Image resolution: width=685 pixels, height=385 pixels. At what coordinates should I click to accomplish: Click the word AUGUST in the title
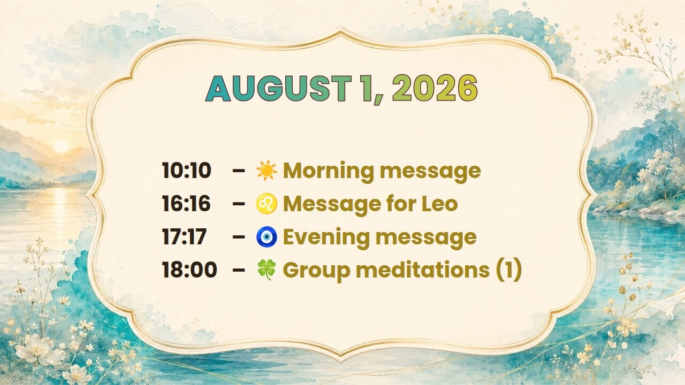click(x=278, y=89)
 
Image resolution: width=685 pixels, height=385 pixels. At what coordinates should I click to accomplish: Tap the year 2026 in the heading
click(x=435, y=89)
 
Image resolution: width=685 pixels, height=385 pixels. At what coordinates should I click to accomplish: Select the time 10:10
click(x=186, y=170)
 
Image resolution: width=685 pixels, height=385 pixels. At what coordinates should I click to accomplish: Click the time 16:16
click(x=186, y=204)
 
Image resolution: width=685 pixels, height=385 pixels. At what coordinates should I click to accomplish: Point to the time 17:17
click(x=184, y=237)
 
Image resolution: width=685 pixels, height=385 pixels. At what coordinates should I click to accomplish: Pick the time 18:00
click(x=189, y=270)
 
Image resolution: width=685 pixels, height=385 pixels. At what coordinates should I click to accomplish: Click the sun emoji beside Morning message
click(x=267, y=170)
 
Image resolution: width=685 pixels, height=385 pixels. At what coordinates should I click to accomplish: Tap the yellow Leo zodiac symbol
click(x=267, y=204)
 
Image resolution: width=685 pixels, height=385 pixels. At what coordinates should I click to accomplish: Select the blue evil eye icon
click(x=267, y=237)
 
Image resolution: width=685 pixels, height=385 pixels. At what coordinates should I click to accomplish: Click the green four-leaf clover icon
click(x=267, y=270)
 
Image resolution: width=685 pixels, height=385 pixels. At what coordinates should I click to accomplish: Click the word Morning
click(x=329, y=171)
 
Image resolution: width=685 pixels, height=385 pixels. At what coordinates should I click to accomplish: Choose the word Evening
click(x=326, y=238)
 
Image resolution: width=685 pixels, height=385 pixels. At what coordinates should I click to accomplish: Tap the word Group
click(x=317, y=271)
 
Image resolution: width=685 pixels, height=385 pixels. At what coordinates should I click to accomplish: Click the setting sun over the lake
click(x=61, y=147)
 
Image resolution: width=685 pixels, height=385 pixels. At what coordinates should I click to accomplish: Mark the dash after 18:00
click(x=239, y=270)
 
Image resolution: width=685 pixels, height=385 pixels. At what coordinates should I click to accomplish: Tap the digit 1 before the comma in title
click(x=368, y=89)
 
